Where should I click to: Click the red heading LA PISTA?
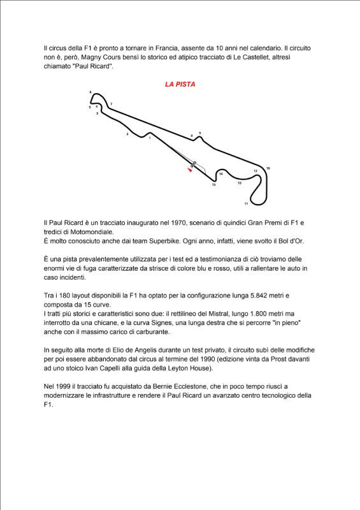point(180,84)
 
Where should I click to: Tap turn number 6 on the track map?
point(90,92)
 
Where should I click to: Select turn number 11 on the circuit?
point(246,204)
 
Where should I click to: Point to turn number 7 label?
point(111,104)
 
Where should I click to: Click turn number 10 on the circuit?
point(268,168)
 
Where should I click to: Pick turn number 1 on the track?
point(150,137)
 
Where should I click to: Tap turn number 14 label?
point(221,174)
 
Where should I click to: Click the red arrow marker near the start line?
point(189,170)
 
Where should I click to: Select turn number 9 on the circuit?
point(200,133)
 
